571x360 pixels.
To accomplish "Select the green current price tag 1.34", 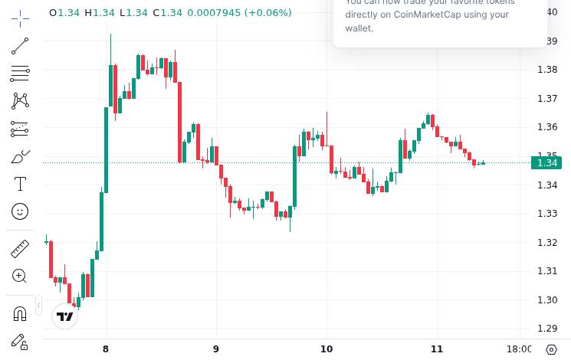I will coord(546,162).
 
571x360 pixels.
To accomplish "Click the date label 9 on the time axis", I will coord(216,349).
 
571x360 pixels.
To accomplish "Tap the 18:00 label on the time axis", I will coord(520,349).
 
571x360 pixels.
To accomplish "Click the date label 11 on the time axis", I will coord(438,349).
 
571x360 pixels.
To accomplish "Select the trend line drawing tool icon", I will coord(20,46).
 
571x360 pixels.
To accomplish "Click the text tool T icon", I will coord(20,183).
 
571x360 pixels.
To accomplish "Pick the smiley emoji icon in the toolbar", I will coord(20,211).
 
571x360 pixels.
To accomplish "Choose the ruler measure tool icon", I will coord(20,248).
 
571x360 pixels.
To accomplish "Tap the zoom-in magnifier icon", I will coord(20,276).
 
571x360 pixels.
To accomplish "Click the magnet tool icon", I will coord(20,313).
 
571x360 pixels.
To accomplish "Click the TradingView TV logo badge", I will coord(65,316).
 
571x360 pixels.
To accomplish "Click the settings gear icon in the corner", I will coord(551,349).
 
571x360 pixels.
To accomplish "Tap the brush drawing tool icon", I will coord(20,157).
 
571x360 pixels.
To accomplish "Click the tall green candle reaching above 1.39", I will coord(111,84).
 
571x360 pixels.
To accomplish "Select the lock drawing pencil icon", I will coord(20,342).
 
